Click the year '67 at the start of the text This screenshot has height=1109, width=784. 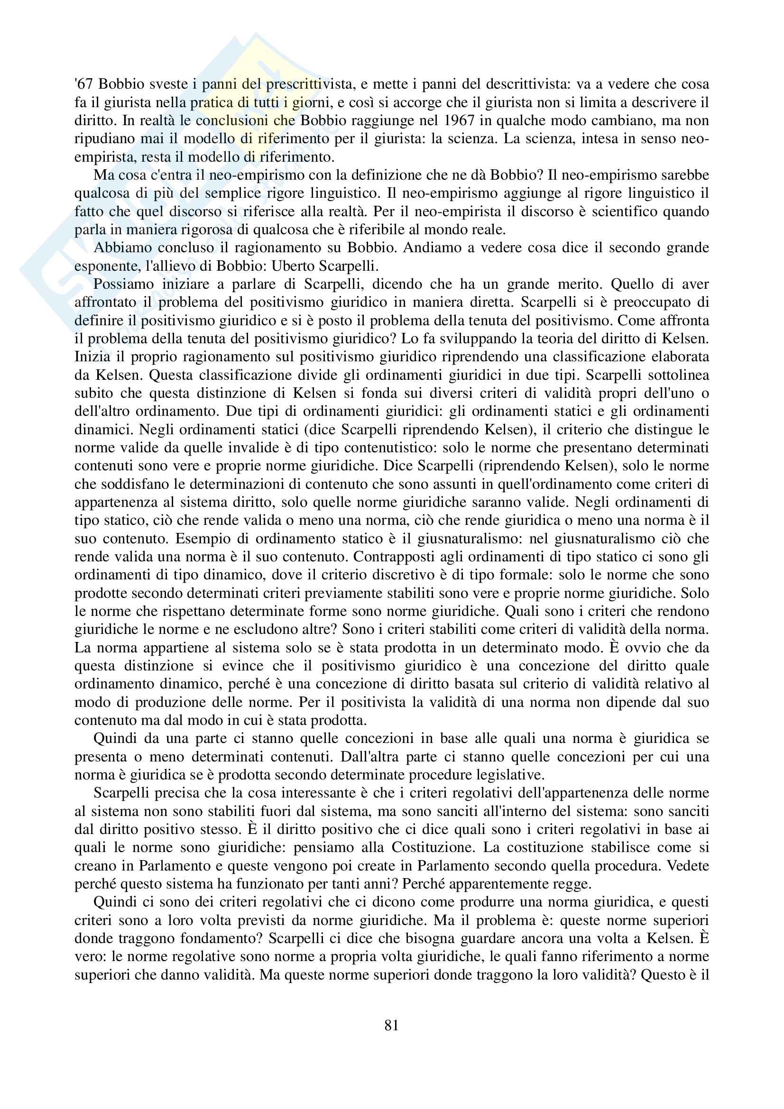(x=83, y=84)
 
